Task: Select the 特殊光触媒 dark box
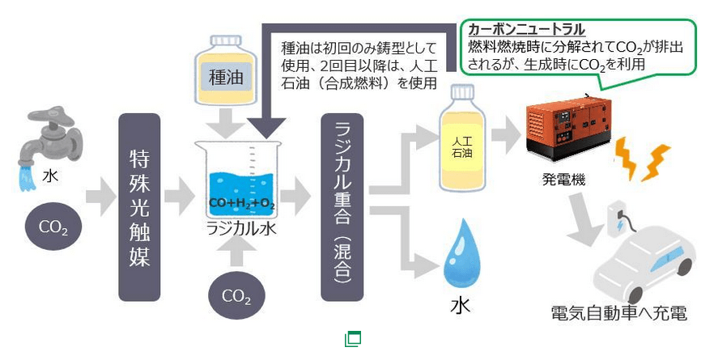click(x=139, y=207)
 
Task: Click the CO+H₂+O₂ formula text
click(x=241, y=202)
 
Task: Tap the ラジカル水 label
click(x=241, y=229)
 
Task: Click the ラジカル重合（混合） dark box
click(x=343, y=207)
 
